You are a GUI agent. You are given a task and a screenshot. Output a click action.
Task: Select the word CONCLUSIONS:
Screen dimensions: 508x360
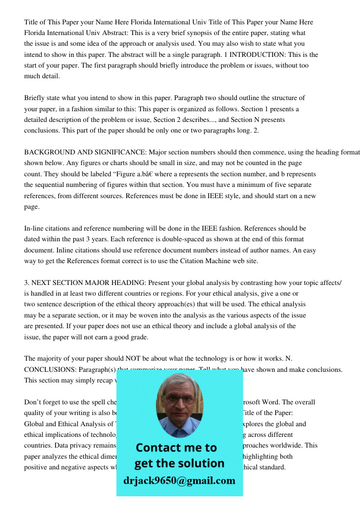point(47,370)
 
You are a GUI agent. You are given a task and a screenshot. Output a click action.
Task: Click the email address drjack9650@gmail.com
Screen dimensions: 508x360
point(179,481)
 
